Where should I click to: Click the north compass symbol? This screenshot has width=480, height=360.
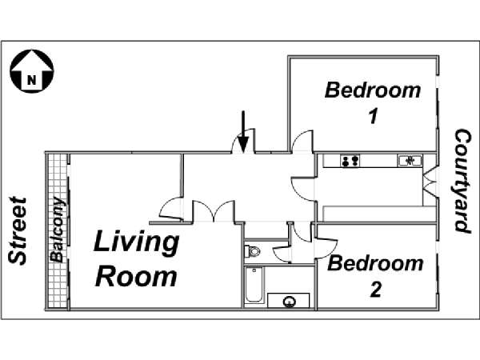pos(32,70)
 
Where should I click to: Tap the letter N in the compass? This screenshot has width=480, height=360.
pos(31,80)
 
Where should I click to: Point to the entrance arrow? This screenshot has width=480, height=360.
pos(243,132)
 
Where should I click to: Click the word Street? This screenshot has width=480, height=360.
pos(18,230)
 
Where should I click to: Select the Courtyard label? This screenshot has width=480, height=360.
pos(462,181)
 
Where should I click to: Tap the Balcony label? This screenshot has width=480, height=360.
pos(58,230)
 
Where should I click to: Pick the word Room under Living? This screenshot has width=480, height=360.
pos(136,277)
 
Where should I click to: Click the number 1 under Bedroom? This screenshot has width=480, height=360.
pos(373,116)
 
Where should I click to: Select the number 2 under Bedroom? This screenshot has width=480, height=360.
pos(376,290)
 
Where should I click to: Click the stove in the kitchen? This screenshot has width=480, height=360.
pos(350,161)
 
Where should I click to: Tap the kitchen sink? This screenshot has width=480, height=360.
pos(410,161)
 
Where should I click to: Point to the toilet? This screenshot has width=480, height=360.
pos(252,252)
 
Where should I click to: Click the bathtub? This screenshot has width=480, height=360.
pos(254,285)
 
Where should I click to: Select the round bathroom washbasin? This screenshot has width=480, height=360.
pos(289,302)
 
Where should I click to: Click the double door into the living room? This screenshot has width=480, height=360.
pos(214,211)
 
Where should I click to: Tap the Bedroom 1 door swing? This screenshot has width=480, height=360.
pos(302,141)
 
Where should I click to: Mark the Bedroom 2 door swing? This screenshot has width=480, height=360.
pos(327,248)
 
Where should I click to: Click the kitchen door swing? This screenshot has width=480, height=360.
pos(302,189)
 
